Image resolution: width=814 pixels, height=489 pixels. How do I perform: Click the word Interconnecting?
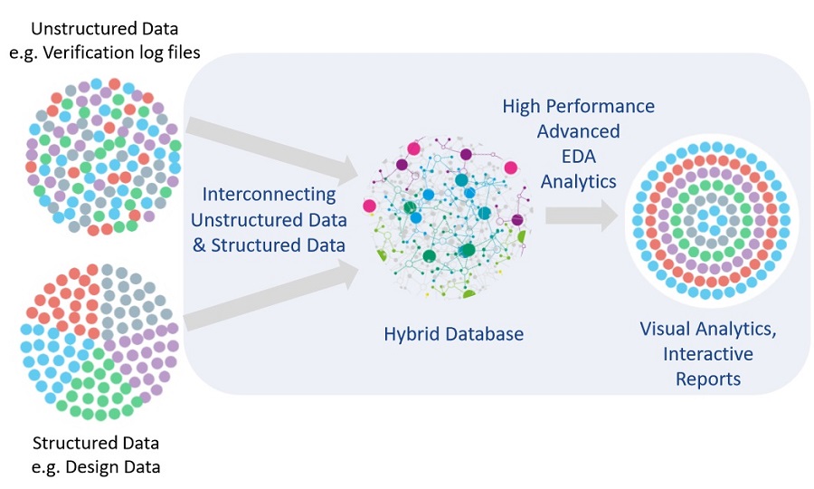click(269, 194)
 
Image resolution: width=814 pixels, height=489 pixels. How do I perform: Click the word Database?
click(479, 334)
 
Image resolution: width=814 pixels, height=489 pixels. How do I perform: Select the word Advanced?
click(578, 131)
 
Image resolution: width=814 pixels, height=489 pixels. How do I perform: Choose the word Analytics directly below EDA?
click(578, 181)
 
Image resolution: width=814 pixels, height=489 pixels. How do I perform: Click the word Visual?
click(667, 328)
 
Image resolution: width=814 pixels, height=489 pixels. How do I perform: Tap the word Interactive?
click(708, 353)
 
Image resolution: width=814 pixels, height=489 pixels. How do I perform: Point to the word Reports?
click(708, 379)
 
